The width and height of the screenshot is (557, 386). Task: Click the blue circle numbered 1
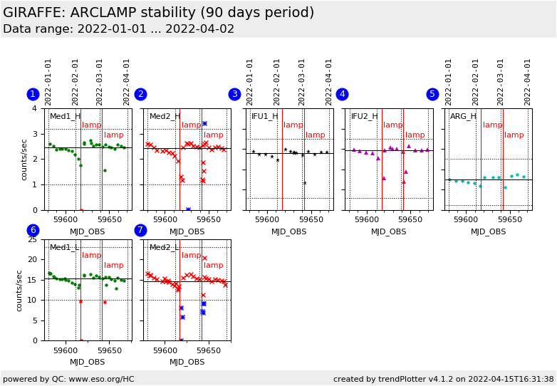33,94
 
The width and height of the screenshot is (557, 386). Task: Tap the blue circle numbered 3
234,94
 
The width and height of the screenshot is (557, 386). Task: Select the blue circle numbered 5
432,94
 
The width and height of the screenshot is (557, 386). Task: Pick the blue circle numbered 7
140,230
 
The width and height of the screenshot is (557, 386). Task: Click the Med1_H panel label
65,116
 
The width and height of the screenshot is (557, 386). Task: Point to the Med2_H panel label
165,116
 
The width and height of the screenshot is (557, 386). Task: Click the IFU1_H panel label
265,116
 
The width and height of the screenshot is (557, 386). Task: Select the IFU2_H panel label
365,116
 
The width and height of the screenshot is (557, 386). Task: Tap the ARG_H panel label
463,116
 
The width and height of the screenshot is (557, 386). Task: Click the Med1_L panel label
65,247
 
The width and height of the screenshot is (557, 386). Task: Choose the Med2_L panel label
165,247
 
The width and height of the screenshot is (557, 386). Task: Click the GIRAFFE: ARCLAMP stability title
158,13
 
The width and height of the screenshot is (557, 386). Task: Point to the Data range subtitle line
118,29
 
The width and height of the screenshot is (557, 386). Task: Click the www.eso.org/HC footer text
68,379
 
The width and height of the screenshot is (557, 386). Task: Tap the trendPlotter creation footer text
443,379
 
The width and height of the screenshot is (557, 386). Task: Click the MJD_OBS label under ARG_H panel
488,231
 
